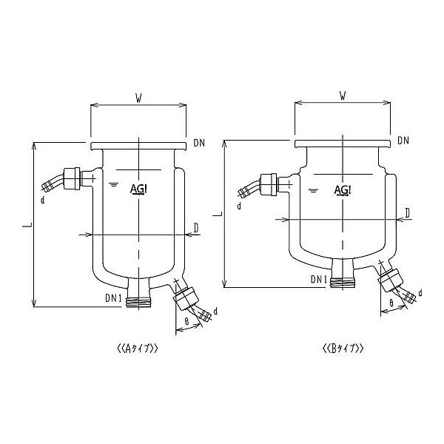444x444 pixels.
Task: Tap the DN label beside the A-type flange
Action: click(198, 142)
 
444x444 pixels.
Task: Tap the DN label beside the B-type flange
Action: click(403, 140)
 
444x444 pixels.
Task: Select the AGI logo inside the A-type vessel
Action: click(138, 189)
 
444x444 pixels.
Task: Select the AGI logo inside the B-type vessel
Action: click(343, 189)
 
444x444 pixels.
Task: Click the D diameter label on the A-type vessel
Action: click(195, 226)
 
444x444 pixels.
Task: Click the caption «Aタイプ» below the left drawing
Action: click(138, 348)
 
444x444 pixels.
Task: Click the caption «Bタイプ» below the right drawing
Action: click(343, 348)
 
